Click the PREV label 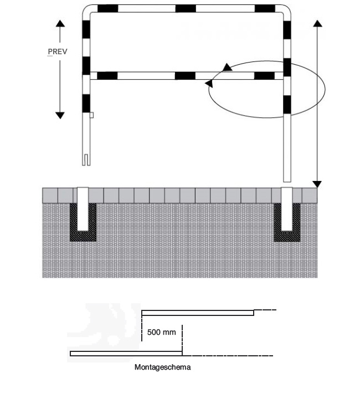[x=58, y=51]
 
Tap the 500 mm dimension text [x=161, y=332]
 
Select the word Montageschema [x=163, y=367]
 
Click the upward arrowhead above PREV [x=60, y=23]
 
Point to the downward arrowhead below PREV [x=60, y=116]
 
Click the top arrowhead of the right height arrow [x=317, y=23]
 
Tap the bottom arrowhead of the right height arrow [x=317, y=184]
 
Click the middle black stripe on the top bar [x=186, y=8]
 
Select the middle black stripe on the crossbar [x=185, y=76]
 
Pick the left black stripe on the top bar [x=108, y=8]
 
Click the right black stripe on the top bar [x=265, y=8]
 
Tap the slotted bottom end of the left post [x=86, y=159]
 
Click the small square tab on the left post [x=91, y=115]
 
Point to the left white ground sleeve [x=83, y=209]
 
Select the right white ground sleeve [x=287, y=209]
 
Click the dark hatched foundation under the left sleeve [x=83, y=236]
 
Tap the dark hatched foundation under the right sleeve [x=287, y=236]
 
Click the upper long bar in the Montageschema [x=198, y=313]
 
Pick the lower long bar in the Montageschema [x=126, y=354]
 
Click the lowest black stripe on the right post [x=287, y=105]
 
